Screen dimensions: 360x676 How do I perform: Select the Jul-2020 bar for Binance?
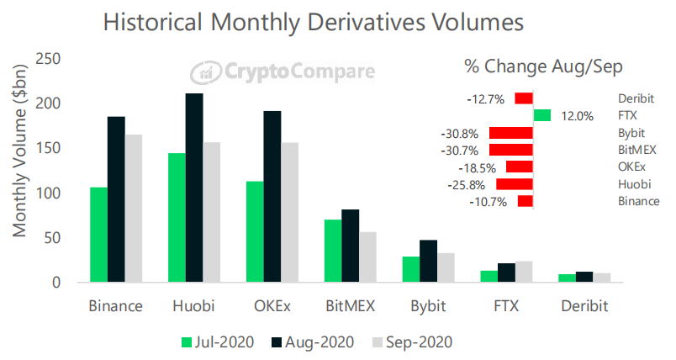tap(98, 235)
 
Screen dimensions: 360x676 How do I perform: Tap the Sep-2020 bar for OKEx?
tap(289, 212)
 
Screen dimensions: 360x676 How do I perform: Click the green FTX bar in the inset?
tap(541, 115)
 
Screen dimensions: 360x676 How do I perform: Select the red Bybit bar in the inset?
tap(510, 133)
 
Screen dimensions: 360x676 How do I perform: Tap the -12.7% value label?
tap(484, 99)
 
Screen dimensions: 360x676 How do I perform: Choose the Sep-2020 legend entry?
tap(412, 341)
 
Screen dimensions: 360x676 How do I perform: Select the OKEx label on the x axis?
tap(274, 304)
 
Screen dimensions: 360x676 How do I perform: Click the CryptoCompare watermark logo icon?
tap(203, 72)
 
